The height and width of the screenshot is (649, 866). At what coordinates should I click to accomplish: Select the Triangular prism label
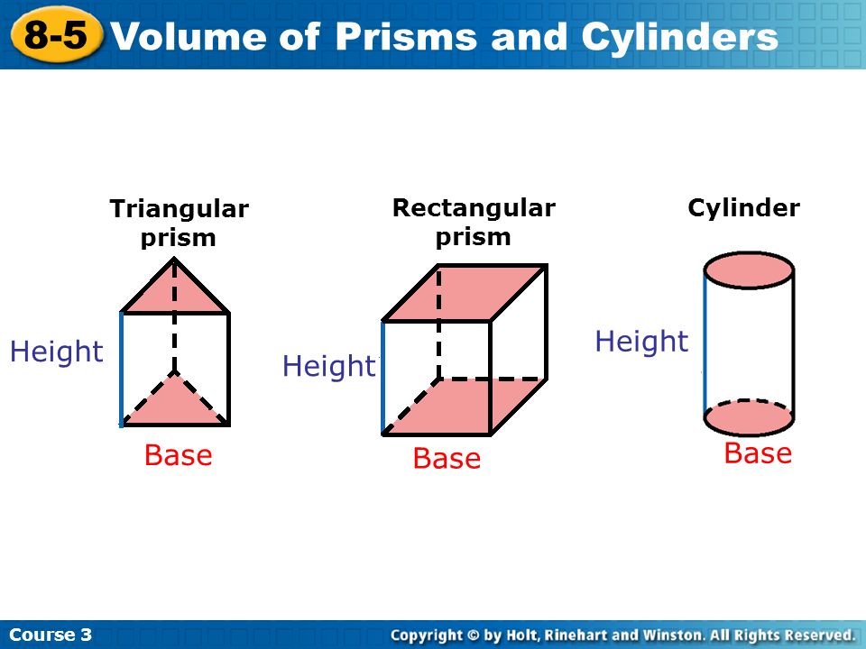pos(179,224)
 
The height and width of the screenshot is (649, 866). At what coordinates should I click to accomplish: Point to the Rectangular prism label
pos(474,222)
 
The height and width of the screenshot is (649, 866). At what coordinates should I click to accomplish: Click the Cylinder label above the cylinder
pos(743,208)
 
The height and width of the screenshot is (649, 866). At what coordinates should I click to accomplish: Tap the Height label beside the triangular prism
pos(57,352)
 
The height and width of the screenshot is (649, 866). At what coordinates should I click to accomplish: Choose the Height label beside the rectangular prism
pos(328,366)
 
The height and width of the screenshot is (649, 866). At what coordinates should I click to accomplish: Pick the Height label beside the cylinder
pos(641,342)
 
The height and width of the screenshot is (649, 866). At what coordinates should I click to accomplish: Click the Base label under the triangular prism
pos(179,455)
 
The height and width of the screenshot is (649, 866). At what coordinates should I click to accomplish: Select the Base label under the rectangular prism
pos(447,459)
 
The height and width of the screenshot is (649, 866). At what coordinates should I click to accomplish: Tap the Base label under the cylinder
pos(758,452)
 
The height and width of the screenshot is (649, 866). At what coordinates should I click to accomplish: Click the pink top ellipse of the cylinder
pos(749,270)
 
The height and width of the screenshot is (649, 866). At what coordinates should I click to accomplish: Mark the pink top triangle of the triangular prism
pos(174,293)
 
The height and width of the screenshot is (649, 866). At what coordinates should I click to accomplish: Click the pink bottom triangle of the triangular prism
pos(174,406)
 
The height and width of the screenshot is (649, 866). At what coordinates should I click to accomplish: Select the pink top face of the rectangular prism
pos(465,293)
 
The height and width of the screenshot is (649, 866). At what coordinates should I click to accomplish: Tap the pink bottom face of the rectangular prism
pos(465,407)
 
